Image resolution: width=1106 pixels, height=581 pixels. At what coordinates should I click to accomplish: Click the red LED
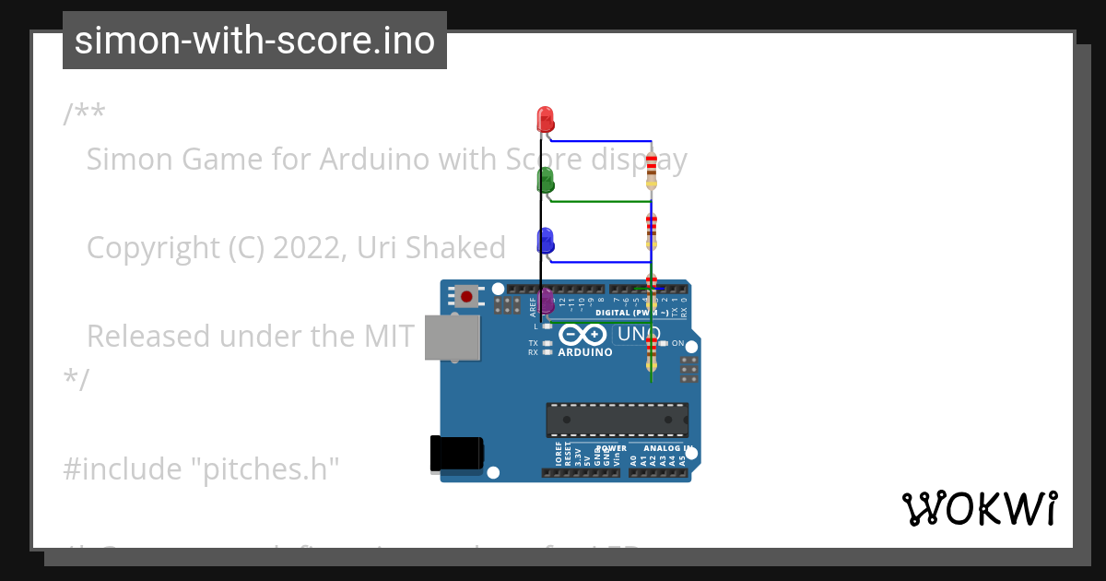[x=545, y=119]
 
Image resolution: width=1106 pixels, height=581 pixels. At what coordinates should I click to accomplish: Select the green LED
[x=545, y=179]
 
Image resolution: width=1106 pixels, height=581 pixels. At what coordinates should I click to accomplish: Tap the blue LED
[x=545, y=241]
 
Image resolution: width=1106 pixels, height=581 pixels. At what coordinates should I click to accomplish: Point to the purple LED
[x=546, y=301]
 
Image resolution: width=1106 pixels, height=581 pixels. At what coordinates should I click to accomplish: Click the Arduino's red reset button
[x=466, y=297]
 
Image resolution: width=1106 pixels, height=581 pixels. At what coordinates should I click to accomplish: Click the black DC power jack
[x=456, y=455]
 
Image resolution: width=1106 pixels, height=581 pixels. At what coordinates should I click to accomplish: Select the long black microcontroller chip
[x=617, y=420]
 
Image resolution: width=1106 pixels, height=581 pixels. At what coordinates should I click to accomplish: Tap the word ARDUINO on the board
[x=585, y=352]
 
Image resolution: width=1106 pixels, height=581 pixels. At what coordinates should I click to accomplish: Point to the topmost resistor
[x=652, y=170]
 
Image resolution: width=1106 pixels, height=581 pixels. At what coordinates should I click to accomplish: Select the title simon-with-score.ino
[x=254, y=41]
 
